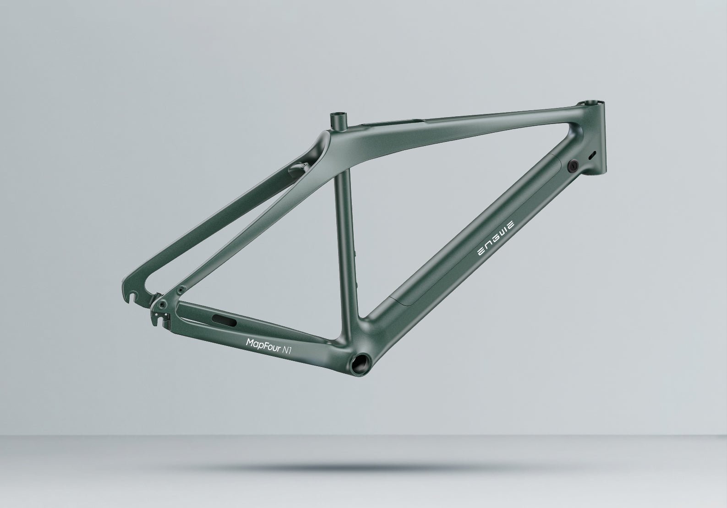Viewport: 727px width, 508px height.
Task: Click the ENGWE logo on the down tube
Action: pos(496,238)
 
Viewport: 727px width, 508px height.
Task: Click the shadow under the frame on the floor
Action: pos(362,467)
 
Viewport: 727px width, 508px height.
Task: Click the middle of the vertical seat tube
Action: pos(346,229)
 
